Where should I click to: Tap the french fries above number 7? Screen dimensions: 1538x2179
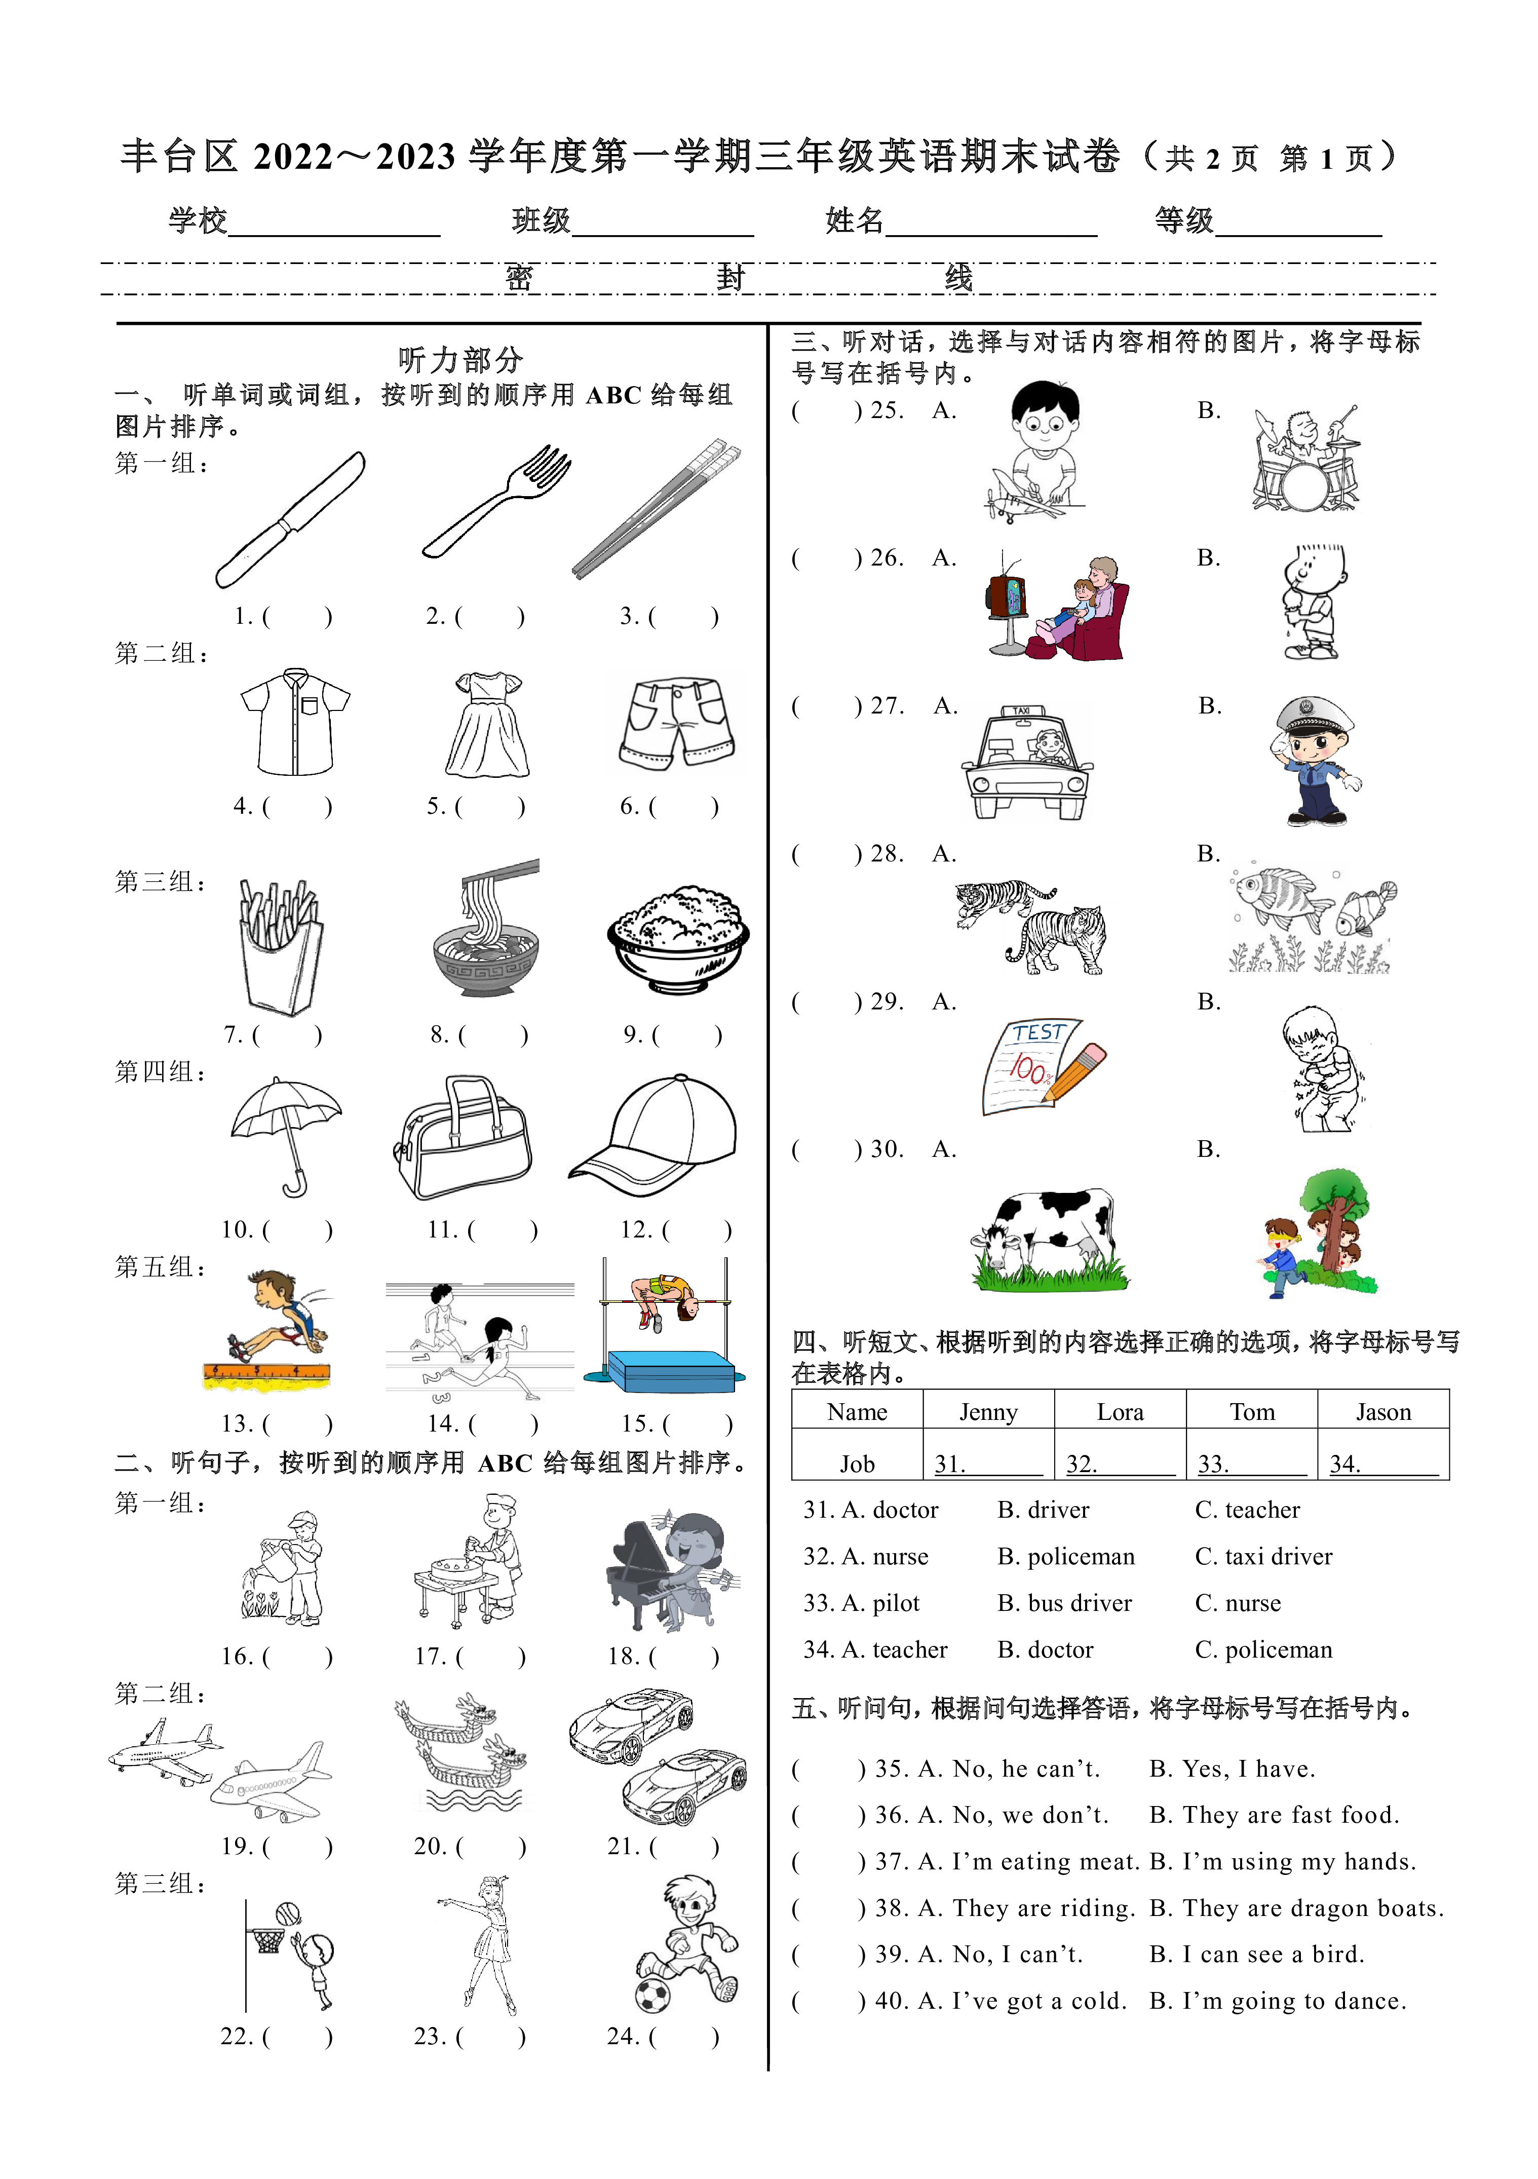tap(281, 945)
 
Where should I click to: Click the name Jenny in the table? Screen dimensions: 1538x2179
tap(988, 1412)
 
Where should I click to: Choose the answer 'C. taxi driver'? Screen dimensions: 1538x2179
tap(1264, 1556)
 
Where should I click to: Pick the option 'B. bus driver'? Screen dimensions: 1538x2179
tap(1064, 1603)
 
